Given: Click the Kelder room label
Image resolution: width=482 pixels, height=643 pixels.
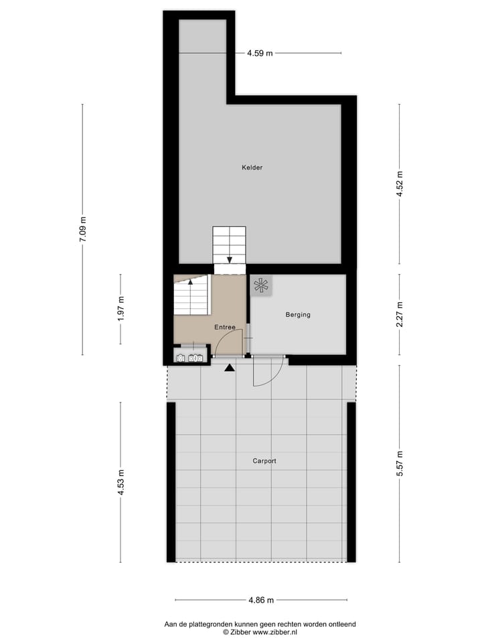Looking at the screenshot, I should point(252,167).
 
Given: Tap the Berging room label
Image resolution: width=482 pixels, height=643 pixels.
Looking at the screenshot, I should point(298,315).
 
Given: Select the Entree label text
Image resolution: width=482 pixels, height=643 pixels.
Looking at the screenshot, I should point(225,328).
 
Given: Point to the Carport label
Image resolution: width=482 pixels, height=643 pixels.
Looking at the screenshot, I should point(264,461).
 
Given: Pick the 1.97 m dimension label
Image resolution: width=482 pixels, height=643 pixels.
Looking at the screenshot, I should point(120,309).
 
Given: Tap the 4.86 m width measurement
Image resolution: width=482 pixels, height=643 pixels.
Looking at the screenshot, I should point(260,600).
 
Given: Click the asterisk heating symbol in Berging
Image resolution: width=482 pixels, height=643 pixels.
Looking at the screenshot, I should point(260,286).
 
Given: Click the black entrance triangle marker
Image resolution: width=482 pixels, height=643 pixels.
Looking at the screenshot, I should point(230,367).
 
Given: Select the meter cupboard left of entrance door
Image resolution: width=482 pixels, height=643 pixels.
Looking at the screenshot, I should point(189,358).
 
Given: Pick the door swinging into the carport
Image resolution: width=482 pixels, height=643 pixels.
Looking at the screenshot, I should point(268,372).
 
